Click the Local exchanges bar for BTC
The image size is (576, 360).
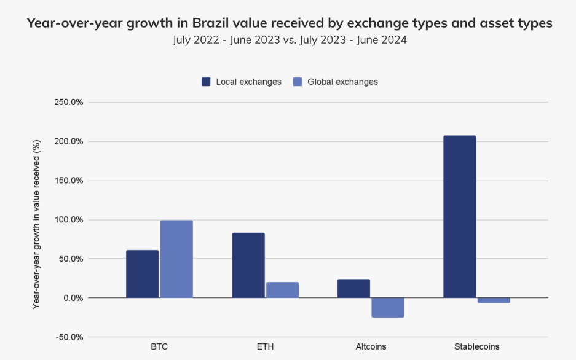click(x=143, y=274)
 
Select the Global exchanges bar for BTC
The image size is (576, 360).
click(x=176, y=259)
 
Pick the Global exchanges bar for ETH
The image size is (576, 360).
click(x=282, y=290)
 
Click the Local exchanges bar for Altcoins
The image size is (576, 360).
click(x=354, y=289)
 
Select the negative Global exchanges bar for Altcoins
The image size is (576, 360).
click(x=388, y=307)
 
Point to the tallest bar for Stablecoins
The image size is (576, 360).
click(x=460, y=216)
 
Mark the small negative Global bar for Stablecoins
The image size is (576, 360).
click(x=494, y=300)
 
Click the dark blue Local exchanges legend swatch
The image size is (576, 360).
click(x=207, y=82)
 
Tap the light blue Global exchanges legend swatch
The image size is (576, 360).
click(x=298, y=82)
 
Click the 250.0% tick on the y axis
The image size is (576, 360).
click(x=69, y=102)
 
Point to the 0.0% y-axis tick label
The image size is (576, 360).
click(x=73, y=298)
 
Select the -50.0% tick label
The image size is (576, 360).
click(x=69, y=337)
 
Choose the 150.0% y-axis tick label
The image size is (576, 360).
click(x=69, y=181)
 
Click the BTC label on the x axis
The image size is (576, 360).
click(x=159, y=346)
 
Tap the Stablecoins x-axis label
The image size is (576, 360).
click(x=477, y=346)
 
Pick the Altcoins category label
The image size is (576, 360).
click(x=371, y=346)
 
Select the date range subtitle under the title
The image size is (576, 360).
click(x=289, y=41)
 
